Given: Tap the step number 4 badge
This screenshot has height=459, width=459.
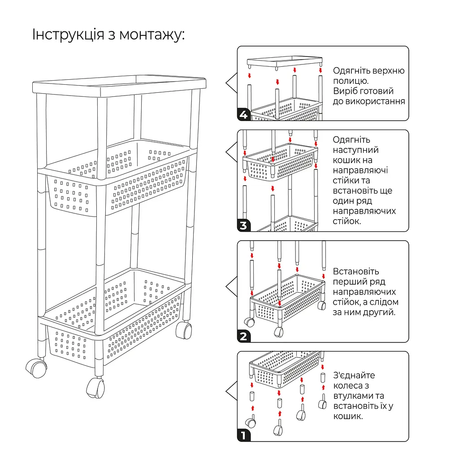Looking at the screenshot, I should [x=243, y=115].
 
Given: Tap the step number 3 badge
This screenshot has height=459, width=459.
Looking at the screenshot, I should [x=243, y=225].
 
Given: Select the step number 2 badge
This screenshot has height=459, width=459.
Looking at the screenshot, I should [x=243, y=336].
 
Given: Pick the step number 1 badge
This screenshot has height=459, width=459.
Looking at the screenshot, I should [x=243, y=435].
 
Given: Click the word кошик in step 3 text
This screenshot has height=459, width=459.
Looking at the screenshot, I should [x=346, y=160].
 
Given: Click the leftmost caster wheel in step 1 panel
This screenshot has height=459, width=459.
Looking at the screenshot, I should [x=250, y=422].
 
